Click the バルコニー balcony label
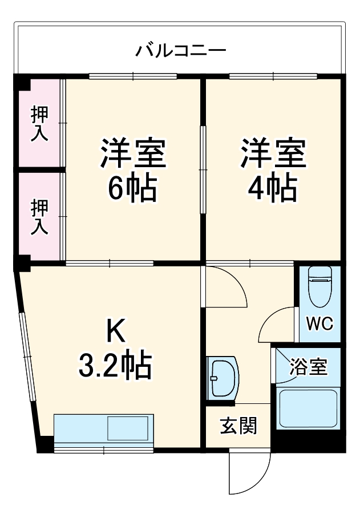click(181, 51)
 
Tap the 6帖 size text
click(132, 189)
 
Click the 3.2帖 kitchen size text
click(115, 366)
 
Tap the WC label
click(319, 324)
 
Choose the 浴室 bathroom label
click(308, 366)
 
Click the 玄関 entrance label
click(238, 426)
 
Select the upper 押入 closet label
click(39, 124)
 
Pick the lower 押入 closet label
click(39, 217)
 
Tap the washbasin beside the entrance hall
click(223, 378)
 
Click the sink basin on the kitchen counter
click(128, 428)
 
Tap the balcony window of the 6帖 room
click(133, 76)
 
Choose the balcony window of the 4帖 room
click(273, 76)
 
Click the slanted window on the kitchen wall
click(27, 357)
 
